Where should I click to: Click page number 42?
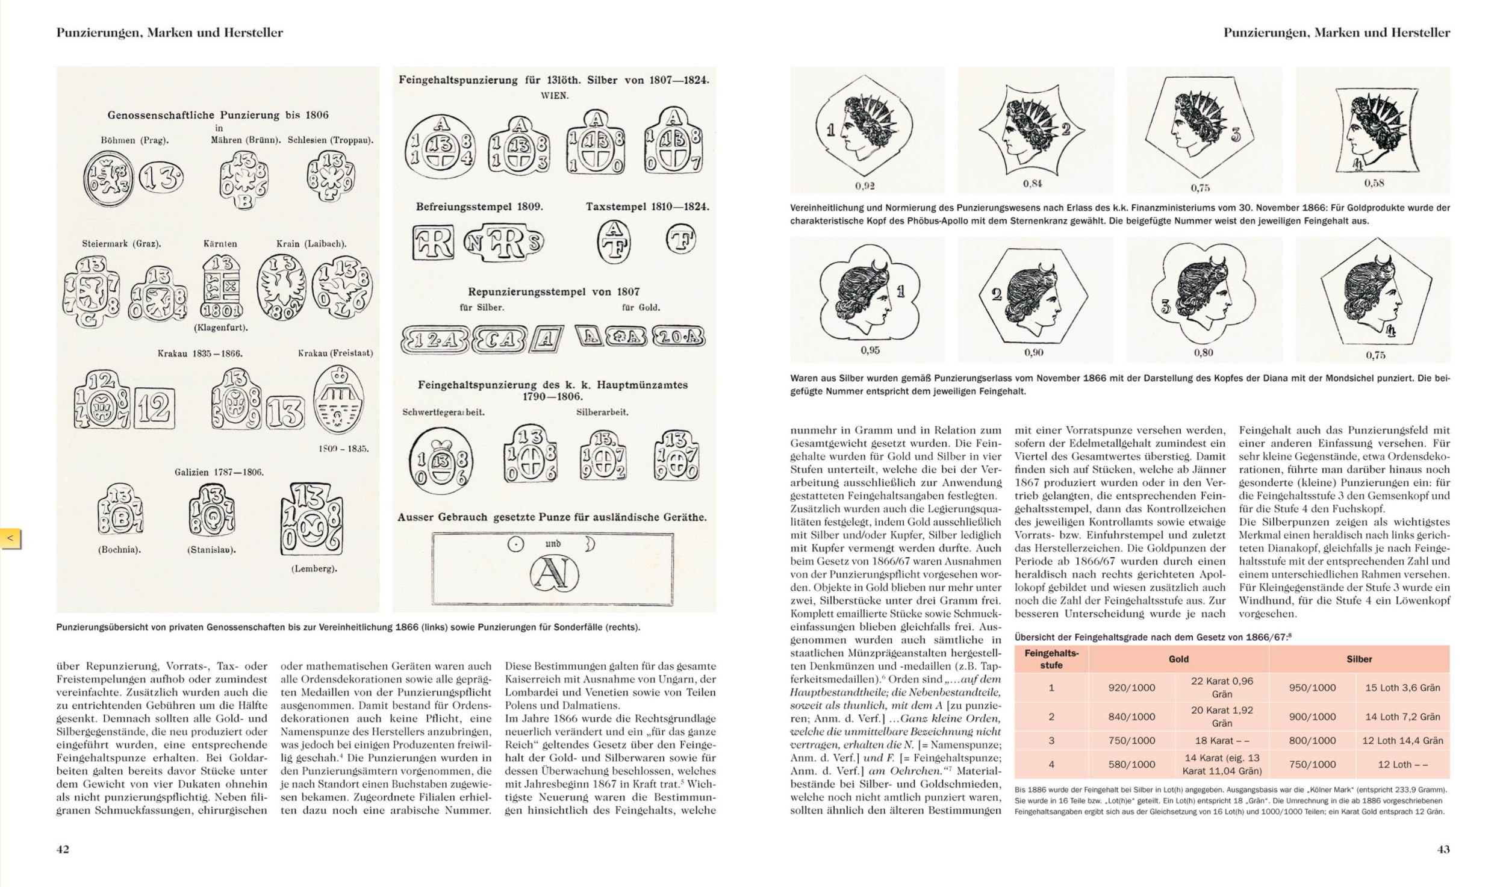point(63,849)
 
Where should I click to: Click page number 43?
point(1443,849)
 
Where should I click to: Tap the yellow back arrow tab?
point(11,538)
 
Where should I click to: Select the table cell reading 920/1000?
point(1131,688)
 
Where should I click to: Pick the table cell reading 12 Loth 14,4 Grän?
point(1402,741)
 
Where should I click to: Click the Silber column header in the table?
point(1359,659)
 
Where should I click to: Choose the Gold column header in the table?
point(1178,659)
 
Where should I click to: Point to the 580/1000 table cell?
point(1131,764)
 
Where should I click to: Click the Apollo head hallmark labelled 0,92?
point(867,129)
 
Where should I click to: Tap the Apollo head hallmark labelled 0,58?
point(1373,129)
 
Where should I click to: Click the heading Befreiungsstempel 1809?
point(479,207)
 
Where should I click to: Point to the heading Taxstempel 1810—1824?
point(647,207)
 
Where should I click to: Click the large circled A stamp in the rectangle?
point(553,573)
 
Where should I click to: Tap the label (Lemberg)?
point(313,568)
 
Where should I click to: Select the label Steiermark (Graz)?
point(121,244)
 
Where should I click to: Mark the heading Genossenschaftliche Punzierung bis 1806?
point(218,114)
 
